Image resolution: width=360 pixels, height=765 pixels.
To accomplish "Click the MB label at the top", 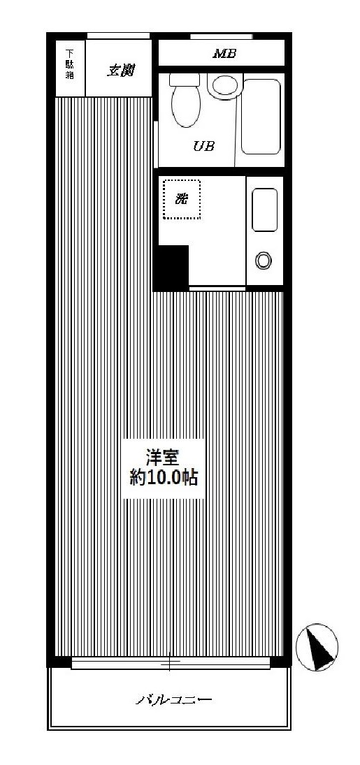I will (x=224, y=53).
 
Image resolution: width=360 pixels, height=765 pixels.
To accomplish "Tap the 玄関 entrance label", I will (x=120, y=70).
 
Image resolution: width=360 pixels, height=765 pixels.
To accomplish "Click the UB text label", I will (x=203, y=146).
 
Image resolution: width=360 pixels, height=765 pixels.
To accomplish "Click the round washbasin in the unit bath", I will (x=225, y=86).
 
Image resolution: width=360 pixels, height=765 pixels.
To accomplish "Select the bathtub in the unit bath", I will (x=261, y=116).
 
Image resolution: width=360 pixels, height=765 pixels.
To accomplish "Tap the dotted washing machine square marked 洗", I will (x=182, y=199).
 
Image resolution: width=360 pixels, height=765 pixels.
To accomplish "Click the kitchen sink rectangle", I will (x=265, y=210).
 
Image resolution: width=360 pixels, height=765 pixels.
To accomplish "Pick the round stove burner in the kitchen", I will (x=264, y=261).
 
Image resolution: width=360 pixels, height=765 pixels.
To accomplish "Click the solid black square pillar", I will (x=172, y=268).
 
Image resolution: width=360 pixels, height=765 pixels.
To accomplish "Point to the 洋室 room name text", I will (x=163, y=458).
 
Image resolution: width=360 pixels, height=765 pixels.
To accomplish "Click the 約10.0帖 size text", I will (x=164, y=479).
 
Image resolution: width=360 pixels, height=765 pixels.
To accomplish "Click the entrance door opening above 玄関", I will (x=118, y=36).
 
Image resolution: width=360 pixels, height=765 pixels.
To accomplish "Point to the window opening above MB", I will (x=221, y=36).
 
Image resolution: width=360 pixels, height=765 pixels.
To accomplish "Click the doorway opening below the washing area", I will (x=217, y=288).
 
